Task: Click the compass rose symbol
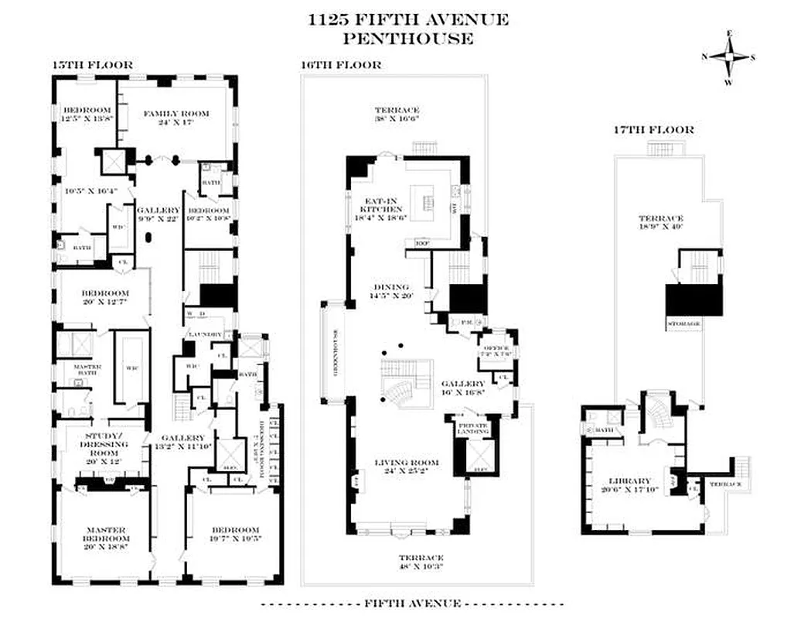(728, 56)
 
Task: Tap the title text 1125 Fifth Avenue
(407, 19)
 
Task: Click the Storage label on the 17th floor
(683, 322)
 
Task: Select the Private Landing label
(473, 428)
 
